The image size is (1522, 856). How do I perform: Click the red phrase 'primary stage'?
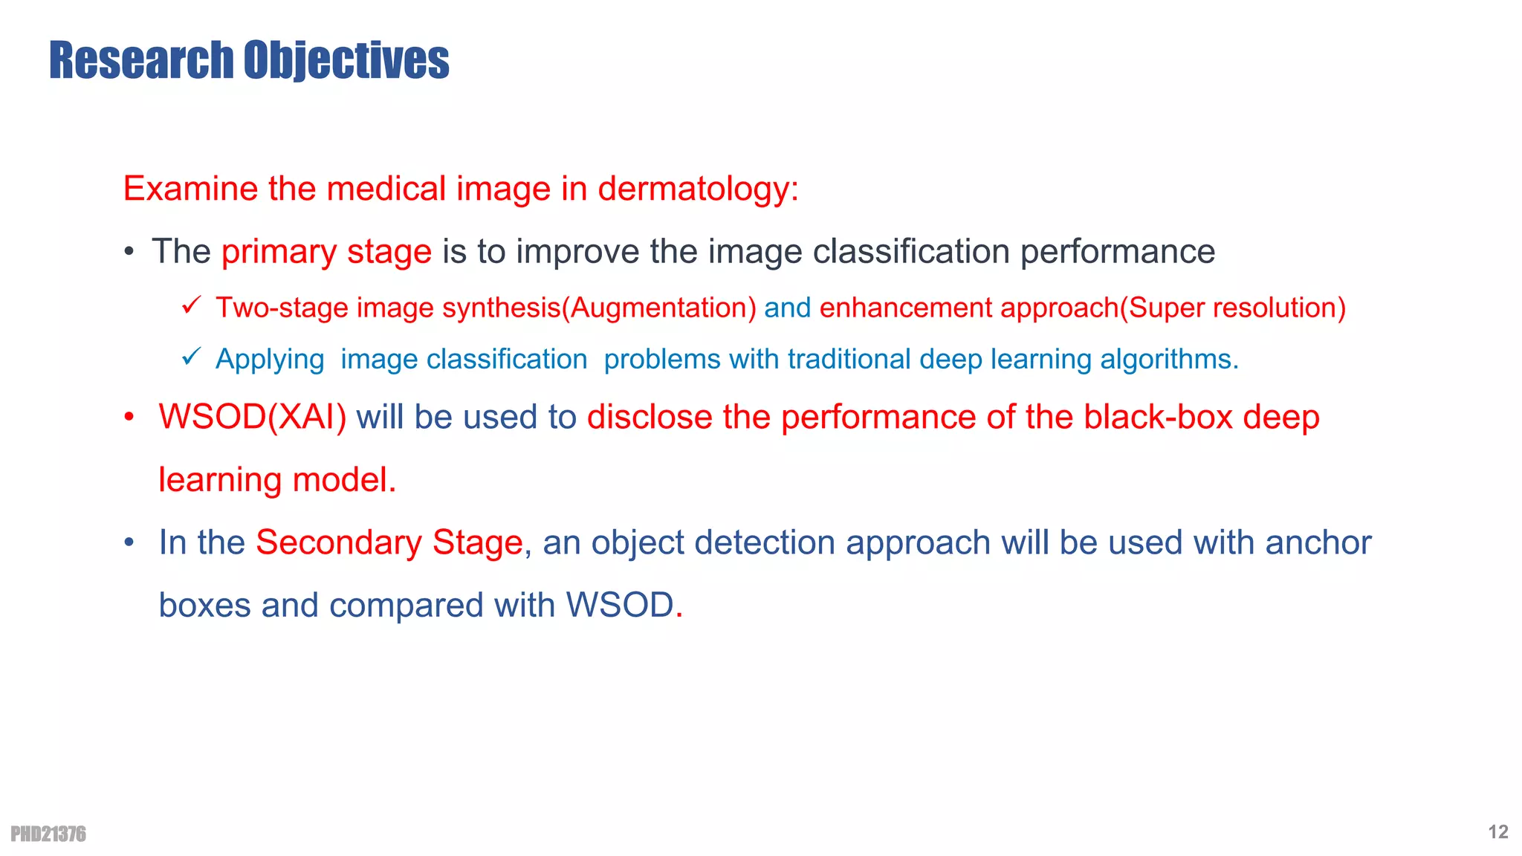326,252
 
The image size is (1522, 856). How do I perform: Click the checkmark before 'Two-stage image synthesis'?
191,305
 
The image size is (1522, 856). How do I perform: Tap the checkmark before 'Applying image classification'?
191,357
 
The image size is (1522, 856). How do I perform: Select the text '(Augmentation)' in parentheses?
658,308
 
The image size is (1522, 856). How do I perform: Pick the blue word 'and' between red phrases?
787,308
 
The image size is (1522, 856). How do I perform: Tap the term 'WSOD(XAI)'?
253,417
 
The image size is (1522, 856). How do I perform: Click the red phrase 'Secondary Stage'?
389,542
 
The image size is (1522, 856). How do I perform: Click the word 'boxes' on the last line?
205,605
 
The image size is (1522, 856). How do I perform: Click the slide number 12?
1498,831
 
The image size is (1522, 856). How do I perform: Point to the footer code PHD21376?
48,834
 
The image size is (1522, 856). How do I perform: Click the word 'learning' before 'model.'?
221,480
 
